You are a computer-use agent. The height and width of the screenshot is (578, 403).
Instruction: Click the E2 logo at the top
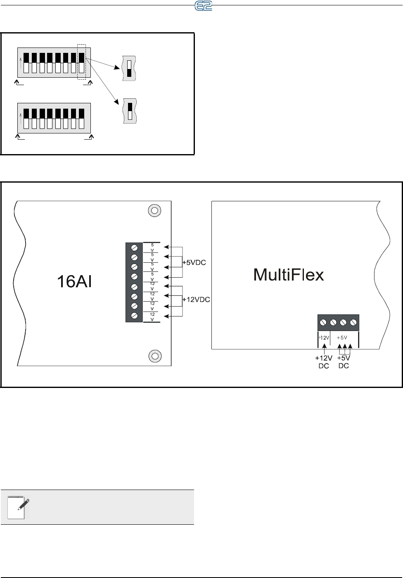(203, 6)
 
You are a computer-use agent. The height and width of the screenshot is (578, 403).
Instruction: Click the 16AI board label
(74, 282)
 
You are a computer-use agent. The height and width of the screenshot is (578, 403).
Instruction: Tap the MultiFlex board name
(289, 275)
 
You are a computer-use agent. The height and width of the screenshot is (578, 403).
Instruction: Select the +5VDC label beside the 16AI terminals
(194, 262)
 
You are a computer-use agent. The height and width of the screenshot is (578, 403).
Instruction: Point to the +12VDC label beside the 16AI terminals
(196, 300)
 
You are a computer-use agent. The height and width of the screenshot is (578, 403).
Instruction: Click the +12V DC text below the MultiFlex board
(324, 362)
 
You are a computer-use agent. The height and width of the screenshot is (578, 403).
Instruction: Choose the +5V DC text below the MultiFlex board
(344, 362)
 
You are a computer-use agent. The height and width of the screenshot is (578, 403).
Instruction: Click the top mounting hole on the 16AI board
(154, 210)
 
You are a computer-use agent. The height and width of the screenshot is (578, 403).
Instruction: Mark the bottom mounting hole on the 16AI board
(154, 355)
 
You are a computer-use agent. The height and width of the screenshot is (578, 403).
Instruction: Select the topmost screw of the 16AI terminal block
(134, 247)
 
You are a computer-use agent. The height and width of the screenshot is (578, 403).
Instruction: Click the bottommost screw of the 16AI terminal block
(134, 316)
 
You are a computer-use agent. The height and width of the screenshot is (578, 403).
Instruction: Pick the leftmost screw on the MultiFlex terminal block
(324, 322)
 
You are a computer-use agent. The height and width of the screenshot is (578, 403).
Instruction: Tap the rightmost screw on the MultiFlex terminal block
(353, 322)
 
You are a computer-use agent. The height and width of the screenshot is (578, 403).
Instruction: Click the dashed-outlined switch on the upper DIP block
(82, 62)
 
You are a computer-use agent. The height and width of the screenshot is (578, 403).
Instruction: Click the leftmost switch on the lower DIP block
(26, 119)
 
